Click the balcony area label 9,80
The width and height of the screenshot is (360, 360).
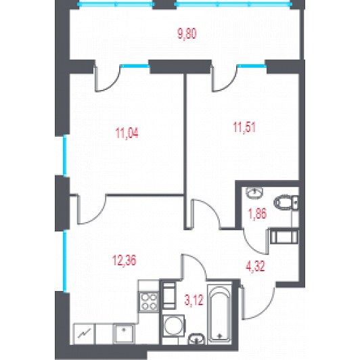click(187, 34)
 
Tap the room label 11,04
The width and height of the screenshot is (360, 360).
click(127, 133)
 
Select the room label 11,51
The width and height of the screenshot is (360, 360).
click(244, 127)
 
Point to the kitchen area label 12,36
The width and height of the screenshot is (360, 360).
click(125, 261)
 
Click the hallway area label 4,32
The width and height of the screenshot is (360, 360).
click(255, 267)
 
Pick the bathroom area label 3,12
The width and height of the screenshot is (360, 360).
click(194, 300)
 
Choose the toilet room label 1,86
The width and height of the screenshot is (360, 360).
click(257, 214)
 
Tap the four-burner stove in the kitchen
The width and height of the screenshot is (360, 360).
click(149, 301)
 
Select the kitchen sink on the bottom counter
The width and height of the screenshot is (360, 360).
click(124, 334)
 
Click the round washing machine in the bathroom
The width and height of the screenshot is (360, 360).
click(173, 325)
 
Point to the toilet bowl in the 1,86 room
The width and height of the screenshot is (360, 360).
click(286, 202)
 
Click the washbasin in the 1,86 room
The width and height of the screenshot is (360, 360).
click(254, 193)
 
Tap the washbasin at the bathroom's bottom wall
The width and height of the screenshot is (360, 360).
click(196, 339)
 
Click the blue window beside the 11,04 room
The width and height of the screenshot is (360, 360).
click(65, 156)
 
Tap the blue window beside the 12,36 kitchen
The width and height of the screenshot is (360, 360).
click(65, 261)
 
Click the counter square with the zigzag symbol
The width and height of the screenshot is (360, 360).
click(84, 334)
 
